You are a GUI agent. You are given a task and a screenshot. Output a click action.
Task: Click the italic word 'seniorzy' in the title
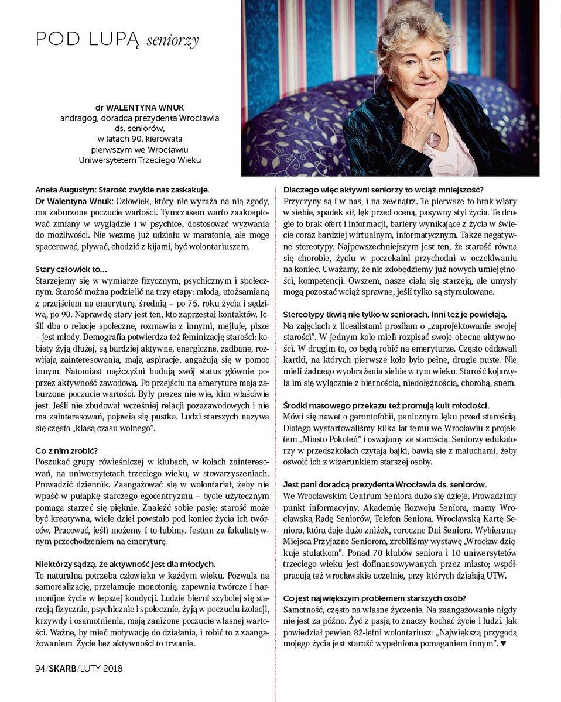click(172, 40)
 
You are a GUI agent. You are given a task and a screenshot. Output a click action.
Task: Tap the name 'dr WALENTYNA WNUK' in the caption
click(139, 108)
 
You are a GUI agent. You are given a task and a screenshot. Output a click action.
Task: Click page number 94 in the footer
click(40, 669)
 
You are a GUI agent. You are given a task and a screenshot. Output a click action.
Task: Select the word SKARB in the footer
click(62, 669)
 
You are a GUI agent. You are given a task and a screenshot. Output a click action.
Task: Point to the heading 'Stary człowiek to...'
click(71, 269)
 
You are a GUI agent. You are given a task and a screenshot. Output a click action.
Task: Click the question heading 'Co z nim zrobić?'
click(66, 450)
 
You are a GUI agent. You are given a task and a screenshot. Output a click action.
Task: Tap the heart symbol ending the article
click(503, 643)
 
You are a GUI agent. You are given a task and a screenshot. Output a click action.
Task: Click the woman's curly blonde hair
click(410, 29)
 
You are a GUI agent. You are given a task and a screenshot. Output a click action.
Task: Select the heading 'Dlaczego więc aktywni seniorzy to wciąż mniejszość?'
click(383, 190)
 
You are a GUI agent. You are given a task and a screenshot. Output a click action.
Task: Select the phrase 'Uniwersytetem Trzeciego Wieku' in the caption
click(139, 160)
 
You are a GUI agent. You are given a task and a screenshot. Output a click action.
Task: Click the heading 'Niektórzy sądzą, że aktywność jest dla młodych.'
click(125, 564)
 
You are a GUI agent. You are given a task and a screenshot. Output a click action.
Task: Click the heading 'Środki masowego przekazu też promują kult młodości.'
click(386, 405)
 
